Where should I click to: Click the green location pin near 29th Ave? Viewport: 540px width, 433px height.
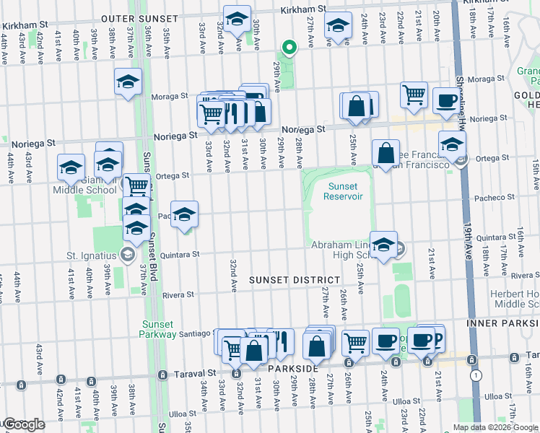289,48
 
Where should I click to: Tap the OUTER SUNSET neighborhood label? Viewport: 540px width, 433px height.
139,17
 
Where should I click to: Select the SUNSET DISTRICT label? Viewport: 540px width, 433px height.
295,279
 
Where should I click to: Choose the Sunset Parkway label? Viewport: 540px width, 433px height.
159,329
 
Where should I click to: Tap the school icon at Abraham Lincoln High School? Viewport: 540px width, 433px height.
384,243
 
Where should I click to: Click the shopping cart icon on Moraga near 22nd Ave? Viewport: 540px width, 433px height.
414,94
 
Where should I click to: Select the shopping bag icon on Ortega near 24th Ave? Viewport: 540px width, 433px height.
386,152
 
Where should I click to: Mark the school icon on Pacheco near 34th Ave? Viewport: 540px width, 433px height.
185,214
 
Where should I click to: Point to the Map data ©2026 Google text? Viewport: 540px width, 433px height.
495,427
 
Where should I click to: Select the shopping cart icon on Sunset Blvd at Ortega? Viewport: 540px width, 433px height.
136,185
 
